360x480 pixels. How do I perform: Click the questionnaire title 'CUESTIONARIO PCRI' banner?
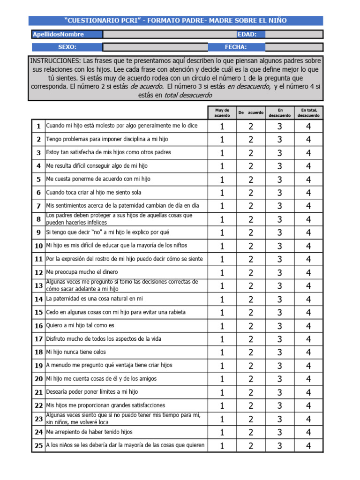tap(175, 21)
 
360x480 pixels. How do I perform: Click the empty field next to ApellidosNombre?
tap(170, 34)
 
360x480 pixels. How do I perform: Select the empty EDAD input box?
tap(293, 34)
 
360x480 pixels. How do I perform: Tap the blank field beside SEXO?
tap(155, 47)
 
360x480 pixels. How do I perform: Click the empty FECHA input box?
tap(293, 47)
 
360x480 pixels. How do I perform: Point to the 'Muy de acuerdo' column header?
tap(222, 112)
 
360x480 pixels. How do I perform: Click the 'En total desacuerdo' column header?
tap(308, 112)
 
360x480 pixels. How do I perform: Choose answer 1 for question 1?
tap(222, 127)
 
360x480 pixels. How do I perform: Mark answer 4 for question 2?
tap(308, 140)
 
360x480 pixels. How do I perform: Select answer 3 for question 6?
tap(279, 193)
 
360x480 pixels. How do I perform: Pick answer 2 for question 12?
tap(251, 272)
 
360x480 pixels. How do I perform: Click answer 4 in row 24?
tap(308, 432)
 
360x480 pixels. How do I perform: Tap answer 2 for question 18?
tap(251, 352)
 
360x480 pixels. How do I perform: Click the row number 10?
tap(38, 246)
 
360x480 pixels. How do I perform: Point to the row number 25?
tap(38, 445)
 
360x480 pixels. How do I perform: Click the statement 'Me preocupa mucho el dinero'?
tap(82, 272)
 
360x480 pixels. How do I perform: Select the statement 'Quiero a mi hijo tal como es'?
tap(80, 325)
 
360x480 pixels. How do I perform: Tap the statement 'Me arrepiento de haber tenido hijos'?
tap(89, 432)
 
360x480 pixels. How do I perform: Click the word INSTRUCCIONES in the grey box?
tap(55, 61)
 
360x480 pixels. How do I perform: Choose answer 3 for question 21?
tap(279, 392)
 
